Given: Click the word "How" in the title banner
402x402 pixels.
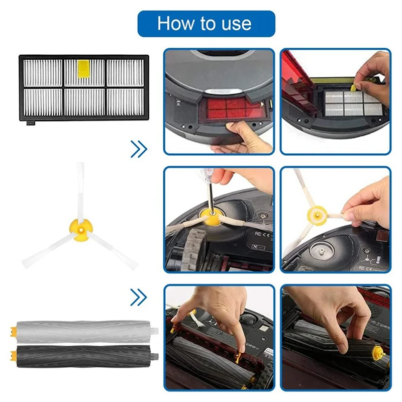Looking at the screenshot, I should (x=173, y=24).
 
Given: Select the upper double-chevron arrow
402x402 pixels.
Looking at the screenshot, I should (x=139, y=149).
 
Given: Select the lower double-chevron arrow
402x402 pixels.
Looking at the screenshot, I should (x=139, y=297).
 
